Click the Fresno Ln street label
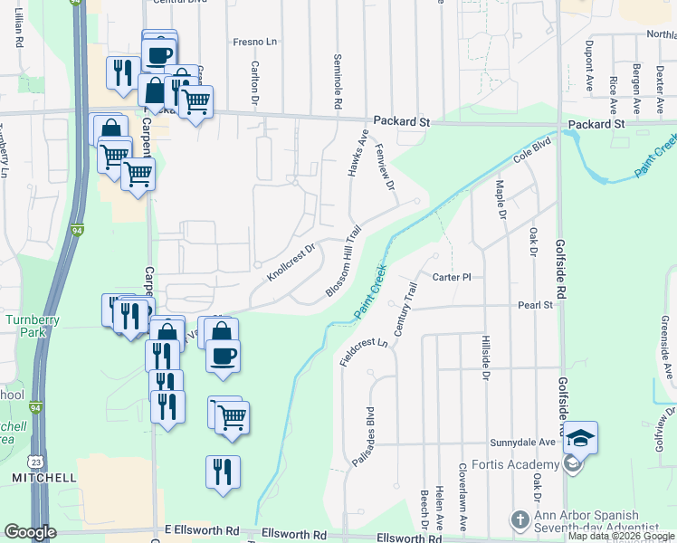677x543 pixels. (x=253, y=42)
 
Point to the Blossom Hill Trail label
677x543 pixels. (x=344, y=260)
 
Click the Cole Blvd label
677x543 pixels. (x=533, y=151)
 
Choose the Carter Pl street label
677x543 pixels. (x=453, y=277)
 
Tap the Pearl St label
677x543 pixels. (x=535, y=306)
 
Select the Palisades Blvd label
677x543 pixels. (x=369, y=430)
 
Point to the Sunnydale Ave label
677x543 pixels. (x=522, y=443)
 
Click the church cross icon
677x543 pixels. (x=520, y=520)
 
